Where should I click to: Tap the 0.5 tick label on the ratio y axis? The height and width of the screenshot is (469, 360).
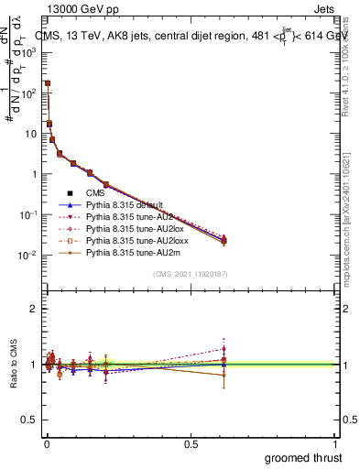point(28,420)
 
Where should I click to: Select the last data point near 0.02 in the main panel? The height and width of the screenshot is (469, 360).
point(224,240)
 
